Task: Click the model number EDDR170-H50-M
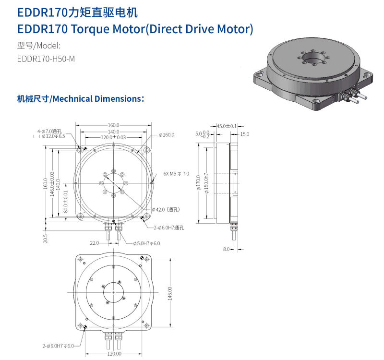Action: point(46,59)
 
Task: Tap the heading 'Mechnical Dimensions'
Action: point(97,99)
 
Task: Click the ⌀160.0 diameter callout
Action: point(167,135)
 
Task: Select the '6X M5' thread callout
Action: point(170,174)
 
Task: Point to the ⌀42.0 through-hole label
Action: point(166,210)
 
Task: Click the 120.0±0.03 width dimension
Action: point(113,137)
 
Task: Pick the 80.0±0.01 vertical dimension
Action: point(65,202)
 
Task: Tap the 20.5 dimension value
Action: point(45,238)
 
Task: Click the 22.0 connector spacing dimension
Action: point(94,243)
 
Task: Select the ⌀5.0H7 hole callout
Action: point(146,243)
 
